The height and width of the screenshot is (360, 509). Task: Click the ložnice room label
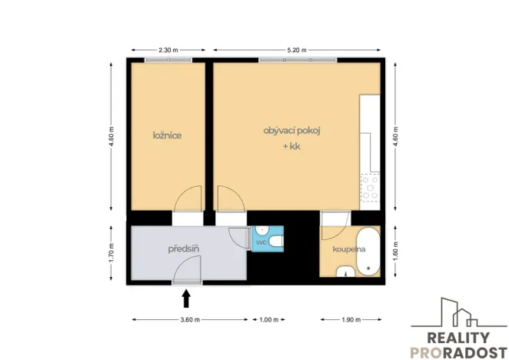point(167,135)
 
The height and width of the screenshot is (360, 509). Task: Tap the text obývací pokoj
point(291,131)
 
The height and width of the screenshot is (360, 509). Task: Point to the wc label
point(261,243)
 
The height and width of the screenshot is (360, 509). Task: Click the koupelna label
point(348,250)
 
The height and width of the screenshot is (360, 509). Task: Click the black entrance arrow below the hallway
point(185,295)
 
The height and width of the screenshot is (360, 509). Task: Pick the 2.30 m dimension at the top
point(169,50)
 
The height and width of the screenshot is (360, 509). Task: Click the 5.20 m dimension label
point(296,50)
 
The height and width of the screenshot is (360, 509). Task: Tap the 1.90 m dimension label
point(350,319)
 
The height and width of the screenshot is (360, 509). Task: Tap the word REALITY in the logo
point(458,338)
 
